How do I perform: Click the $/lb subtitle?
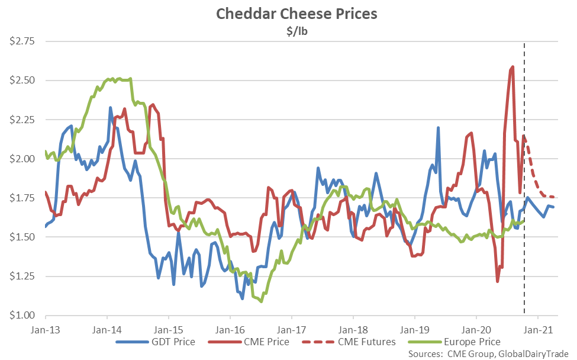[x=288, y=31]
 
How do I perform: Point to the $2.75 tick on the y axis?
[x=22, y=41]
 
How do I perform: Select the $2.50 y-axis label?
[x=22, y=81]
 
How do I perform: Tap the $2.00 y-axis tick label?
[x=22, y=159]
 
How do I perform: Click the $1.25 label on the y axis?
[x=22, y=277]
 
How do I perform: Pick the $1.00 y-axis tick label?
[x=22, y=316]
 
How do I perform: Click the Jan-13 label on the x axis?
[x=45, y=327]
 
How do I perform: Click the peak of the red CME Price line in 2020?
[x=512, y=67]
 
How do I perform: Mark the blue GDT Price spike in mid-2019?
[x=438, y=128]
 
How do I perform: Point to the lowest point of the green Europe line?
[x=261, y=301]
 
